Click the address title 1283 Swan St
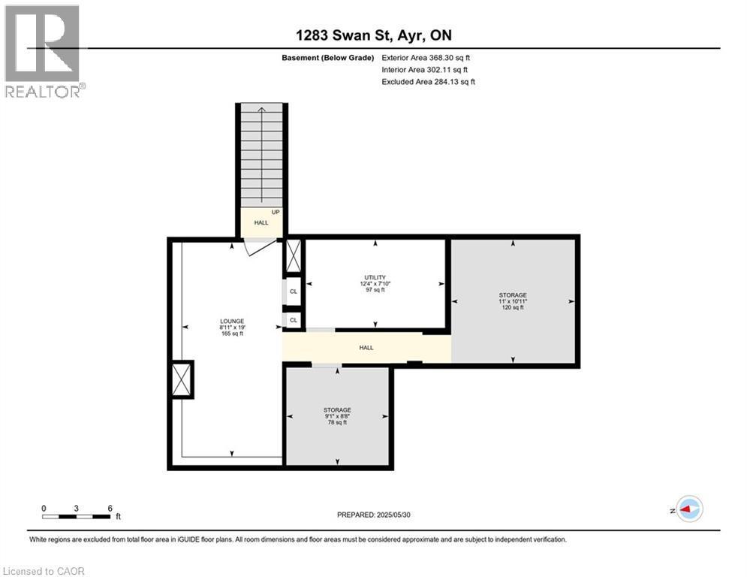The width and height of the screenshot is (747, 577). point(372,35)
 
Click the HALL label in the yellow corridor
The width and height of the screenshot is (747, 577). point(366,348)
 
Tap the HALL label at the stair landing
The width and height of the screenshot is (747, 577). point(261,223)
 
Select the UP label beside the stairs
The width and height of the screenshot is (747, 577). point(276,213)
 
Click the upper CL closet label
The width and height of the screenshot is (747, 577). point(294,291)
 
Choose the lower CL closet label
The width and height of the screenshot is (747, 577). point(294,320)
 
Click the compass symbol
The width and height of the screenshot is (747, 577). point(688,509)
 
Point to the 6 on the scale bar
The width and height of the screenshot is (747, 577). point(110,509)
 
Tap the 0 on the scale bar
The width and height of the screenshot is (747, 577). point(44,509)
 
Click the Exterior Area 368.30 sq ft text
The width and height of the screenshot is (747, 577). point(426,57)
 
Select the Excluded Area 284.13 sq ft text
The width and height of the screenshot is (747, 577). point(428,81)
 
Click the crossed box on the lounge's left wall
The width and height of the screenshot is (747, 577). point(181,379)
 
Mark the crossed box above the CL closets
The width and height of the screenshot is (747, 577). point(293,257)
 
